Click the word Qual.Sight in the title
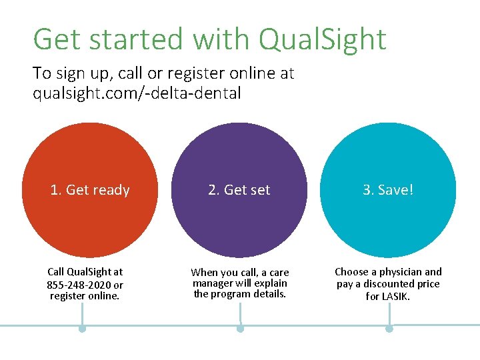point(322,39)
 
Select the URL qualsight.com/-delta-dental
point(137,93)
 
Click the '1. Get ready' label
point(90,190)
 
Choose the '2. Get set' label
point(239,190)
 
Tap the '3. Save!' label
point(388,190)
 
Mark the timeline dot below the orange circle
point(82,329)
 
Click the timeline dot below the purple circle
point(240,329)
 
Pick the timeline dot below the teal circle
point(389,329)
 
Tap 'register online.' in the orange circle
point(85,296)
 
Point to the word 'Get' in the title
point(54,39)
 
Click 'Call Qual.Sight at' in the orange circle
point(85,272)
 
